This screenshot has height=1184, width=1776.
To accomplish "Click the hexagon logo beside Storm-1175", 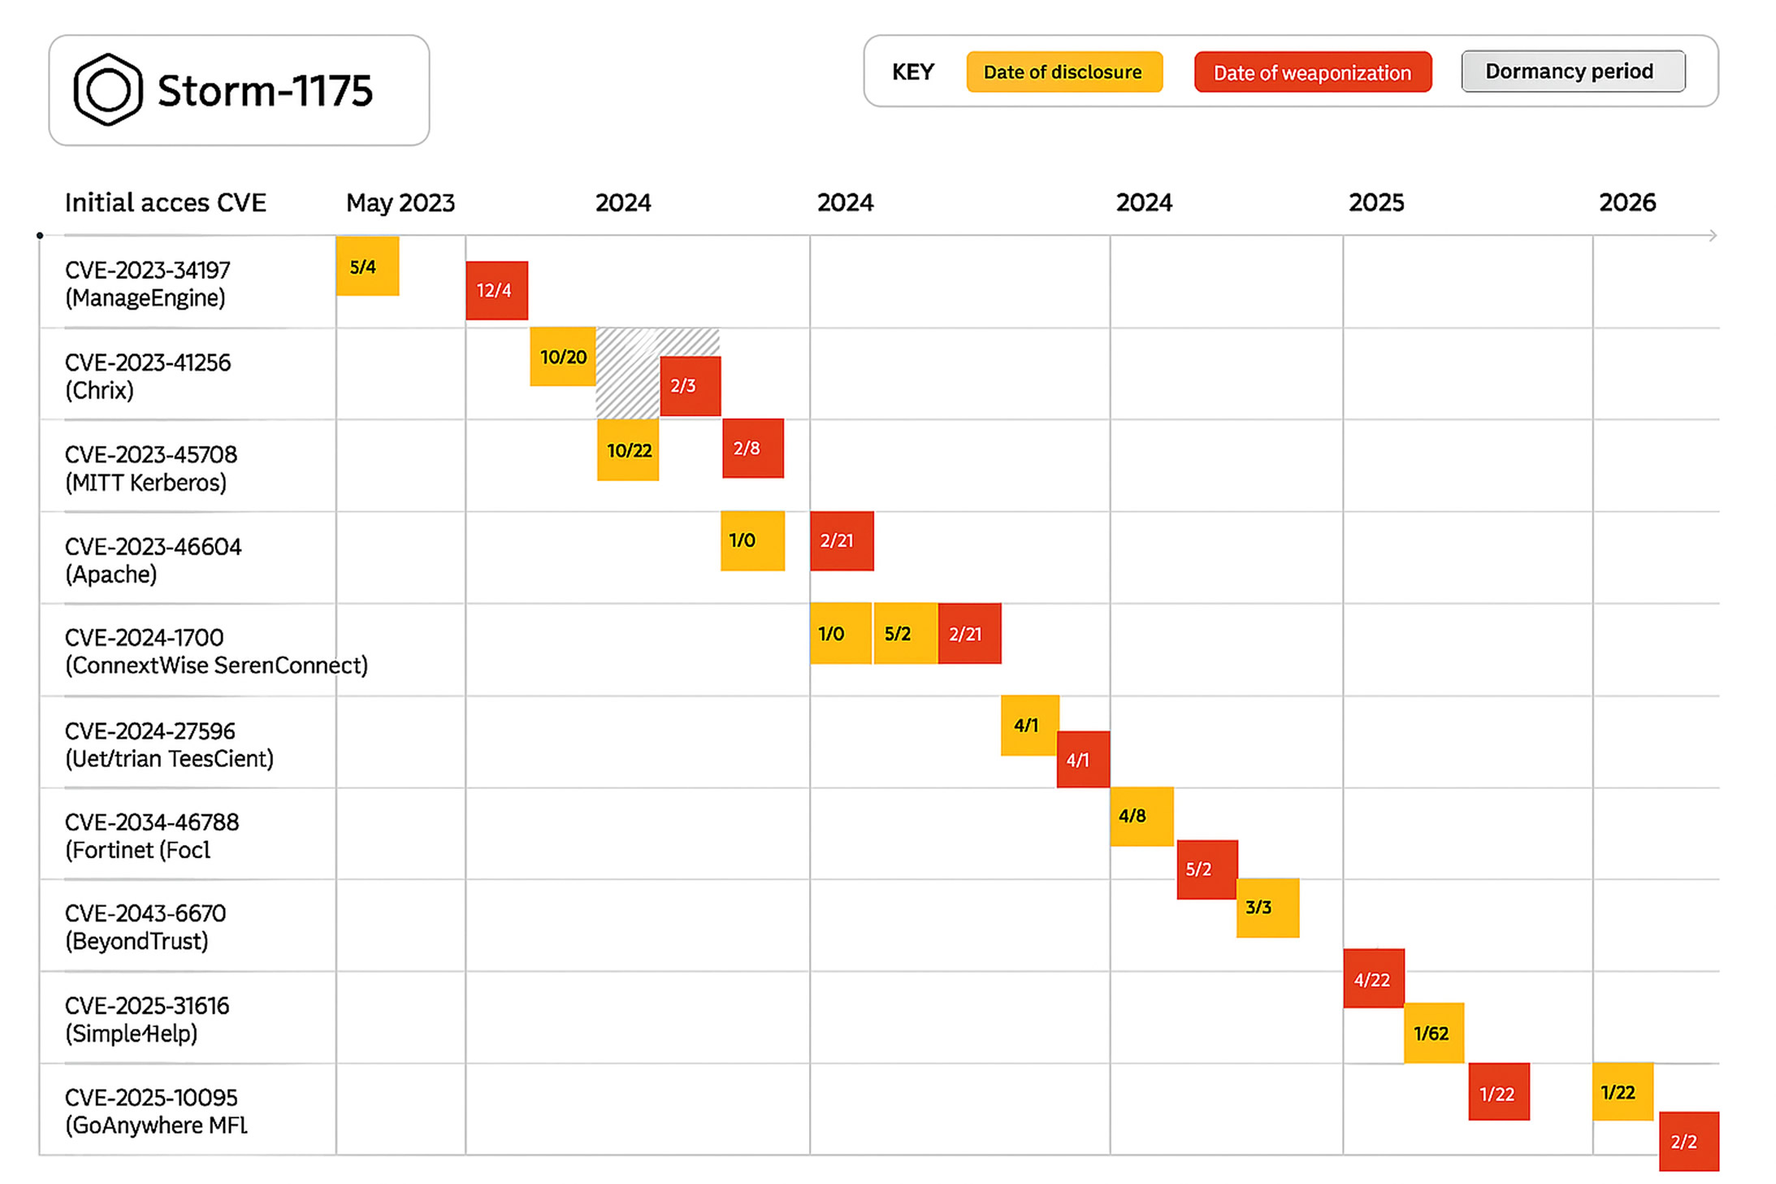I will (107, 89).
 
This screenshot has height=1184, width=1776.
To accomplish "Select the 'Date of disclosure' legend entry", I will (1063, 72).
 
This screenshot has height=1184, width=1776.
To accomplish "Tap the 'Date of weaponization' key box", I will (1312, 72).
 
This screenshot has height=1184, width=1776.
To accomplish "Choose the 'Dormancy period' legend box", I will (1572, 72).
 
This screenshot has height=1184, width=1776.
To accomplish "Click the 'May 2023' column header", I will (400, 202).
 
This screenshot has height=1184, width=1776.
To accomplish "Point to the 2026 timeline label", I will (1627, 202).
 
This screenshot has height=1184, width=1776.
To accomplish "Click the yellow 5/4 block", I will (366, 266).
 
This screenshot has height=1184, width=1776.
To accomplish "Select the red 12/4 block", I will (496, 290).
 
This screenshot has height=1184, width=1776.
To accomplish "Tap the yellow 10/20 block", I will (562, 356).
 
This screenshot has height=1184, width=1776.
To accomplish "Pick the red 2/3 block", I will (690, 386).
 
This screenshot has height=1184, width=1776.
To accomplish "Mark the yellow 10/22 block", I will (628, 449).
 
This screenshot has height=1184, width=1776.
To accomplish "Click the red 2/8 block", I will (752, 448).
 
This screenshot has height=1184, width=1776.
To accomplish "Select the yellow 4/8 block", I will (1141, 816).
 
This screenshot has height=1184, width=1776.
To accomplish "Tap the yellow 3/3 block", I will (1267, 907).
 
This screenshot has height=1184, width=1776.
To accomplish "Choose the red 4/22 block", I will (1373, 978).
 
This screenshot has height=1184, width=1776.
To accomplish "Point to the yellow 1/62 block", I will (1433, 1033).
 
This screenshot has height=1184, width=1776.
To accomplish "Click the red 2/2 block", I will (1688, 1141).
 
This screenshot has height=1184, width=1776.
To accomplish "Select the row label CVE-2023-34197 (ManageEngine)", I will (147, 284).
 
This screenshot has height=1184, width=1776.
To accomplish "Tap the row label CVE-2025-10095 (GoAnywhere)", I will (155, 1111).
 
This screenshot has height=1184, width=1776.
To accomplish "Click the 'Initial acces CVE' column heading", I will (165, 202).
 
